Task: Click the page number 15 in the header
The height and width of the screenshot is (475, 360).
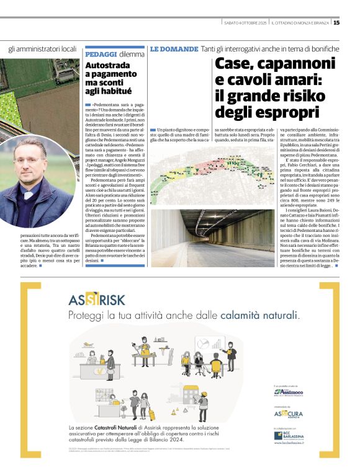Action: pos(336,23)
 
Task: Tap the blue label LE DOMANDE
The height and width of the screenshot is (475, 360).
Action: pos(174,48)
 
